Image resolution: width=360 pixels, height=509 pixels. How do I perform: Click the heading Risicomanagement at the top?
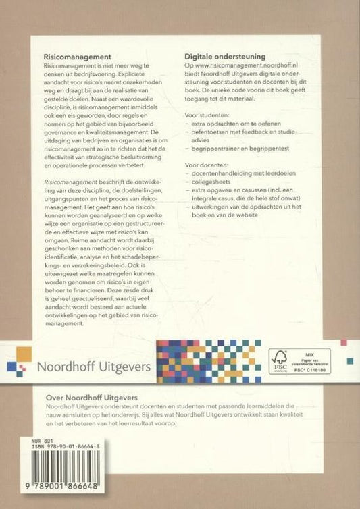pos(77,58)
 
